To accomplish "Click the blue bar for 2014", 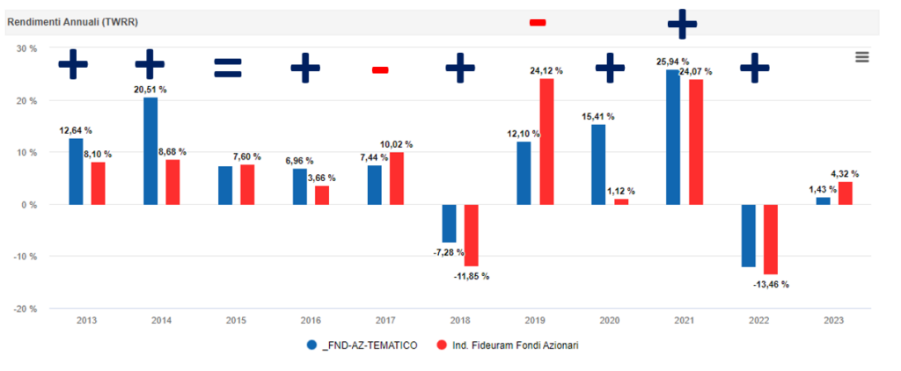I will (150, 150).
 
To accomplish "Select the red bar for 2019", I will (546, 142).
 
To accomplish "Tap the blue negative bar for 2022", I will (748, 235).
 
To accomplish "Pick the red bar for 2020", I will (621, 201).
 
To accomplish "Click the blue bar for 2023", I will (823, 200).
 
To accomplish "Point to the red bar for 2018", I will (471, 235).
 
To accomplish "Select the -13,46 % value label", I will (771, 284).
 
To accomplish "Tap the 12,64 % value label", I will (76, 130).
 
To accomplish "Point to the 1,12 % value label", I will (620, 191).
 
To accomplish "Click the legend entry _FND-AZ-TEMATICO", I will (363, 346).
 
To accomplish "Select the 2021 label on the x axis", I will (683, 320).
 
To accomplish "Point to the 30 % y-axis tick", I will (27, 48).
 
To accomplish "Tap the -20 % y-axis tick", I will (26, 309).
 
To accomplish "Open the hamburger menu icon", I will (861, 56).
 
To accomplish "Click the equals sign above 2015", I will (227, 68).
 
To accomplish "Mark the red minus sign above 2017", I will (380, 69).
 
